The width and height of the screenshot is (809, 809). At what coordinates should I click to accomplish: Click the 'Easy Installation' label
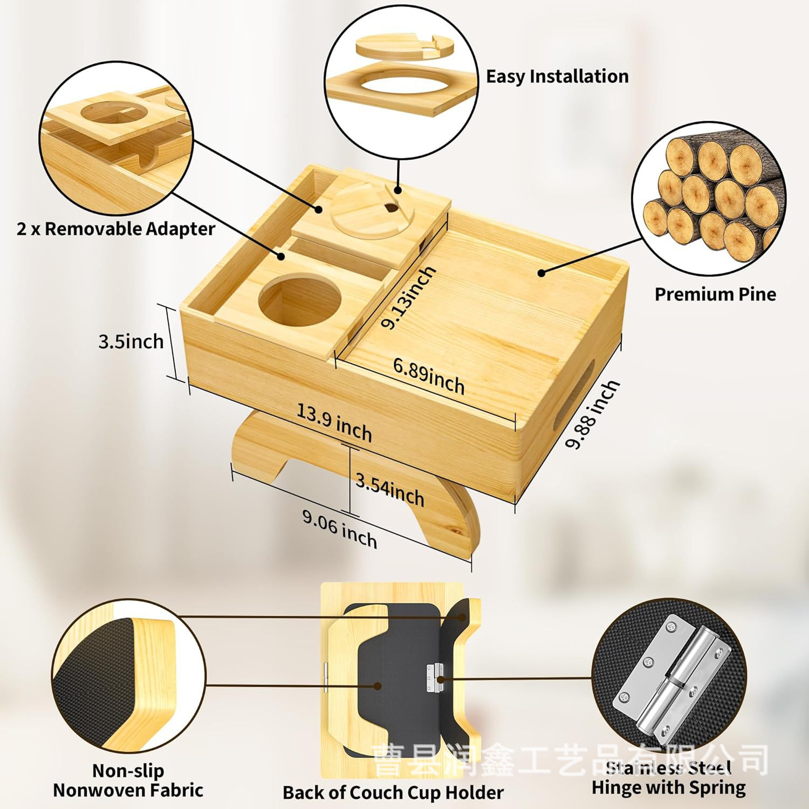(557, 76)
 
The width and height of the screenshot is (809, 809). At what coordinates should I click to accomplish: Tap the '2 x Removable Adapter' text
(116, 229)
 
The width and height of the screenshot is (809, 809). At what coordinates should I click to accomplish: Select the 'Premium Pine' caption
(715, 294)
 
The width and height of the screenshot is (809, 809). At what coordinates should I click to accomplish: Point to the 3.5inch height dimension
(131, 341)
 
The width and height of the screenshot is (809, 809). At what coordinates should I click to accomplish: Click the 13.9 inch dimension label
(334, 423)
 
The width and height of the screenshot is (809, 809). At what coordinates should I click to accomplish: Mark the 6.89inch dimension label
(429, 376)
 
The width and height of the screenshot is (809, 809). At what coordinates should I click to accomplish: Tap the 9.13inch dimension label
(408, 297)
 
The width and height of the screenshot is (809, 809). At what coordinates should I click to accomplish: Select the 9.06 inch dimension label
(339, 529)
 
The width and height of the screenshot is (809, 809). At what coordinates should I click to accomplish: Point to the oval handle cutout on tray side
(579, 389)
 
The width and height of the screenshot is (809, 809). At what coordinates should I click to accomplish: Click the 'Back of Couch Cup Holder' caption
(393, 792)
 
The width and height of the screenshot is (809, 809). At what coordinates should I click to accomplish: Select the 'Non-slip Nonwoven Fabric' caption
(128, 780)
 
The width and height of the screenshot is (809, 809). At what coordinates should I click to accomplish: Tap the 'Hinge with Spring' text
(669, 787)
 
